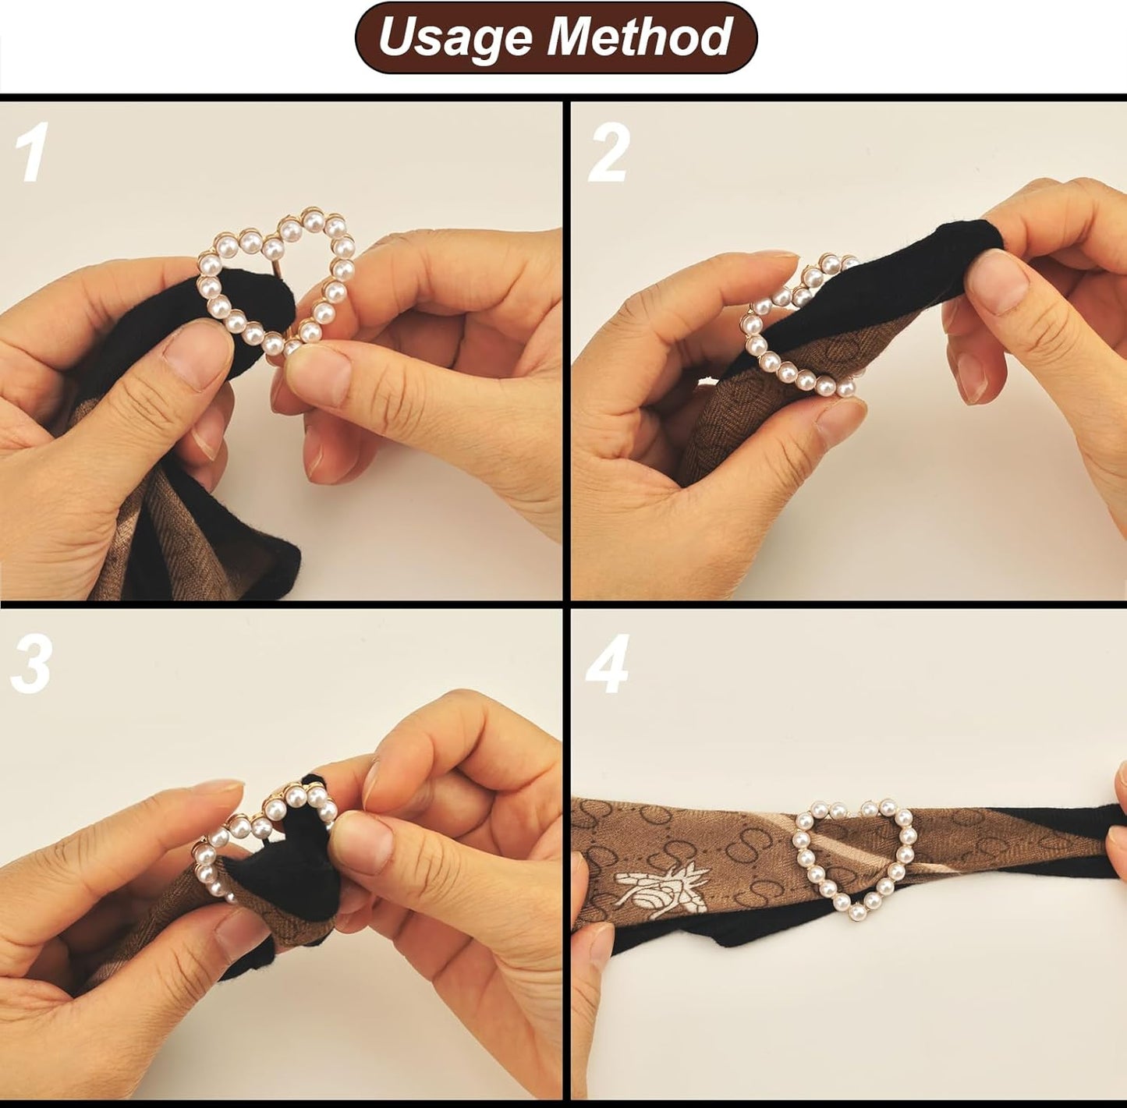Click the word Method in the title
coord(639,37)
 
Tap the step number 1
coord(32,153)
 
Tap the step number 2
coord(608,153)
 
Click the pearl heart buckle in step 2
coord(796,335)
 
